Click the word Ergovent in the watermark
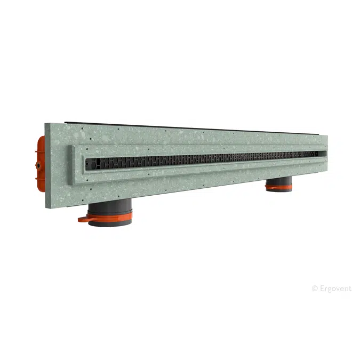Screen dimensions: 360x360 pos(335,289)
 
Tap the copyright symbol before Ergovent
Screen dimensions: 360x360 pos(314,289)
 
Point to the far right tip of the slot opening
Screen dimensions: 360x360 pos(325,154)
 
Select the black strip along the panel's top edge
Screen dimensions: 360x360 pos(187,127)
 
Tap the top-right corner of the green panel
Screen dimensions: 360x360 pos(327,135)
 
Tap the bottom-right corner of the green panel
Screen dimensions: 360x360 pos(327,169)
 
